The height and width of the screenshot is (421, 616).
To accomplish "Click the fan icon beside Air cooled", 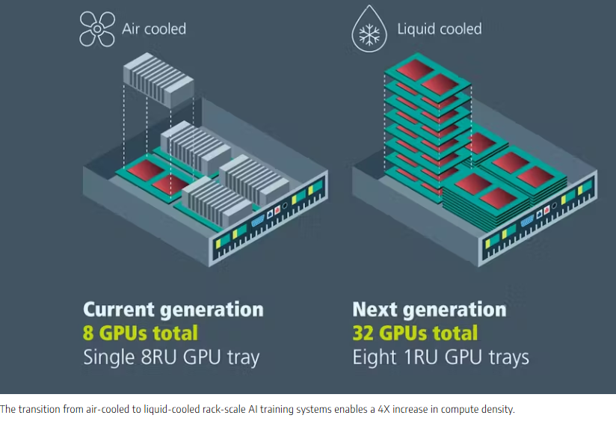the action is pyautogui.click(x=97, y=29).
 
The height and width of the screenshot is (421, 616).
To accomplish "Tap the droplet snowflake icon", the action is pyautogui.click(x=369, y=29).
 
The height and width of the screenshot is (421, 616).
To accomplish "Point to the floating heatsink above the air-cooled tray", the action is pyautogui.click(x=158, y=80).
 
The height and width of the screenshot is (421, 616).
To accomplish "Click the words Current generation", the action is pyautogui.click(x=173, y=310).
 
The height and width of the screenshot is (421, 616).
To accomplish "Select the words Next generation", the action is pyautogui.click(x=429, y=310).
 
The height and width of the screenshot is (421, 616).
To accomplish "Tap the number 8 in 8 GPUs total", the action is pyautogui.click(x=88, y=333).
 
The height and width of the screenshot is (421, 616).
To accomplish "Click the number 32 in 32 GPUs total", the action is pyautogui.click(x=363, y=333).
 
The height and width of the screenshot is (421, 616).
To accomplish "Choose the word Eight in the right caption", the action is pyautogui.click(x=375, y=357).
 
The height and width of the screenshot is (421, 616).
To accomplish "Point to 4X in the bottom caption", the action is pyautogui.click(x=383, y=409).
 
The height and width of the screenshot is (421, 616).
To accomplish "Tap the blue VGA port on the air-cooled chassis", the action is pyautogui.click(x=258, y=221).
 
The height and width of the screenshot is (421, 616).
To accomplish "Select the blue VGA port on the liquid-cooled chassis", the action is pyautogui.click(x=527, y=221).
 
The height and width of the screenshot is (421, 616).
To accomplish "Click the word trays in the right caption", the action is pyautogui.click(x=509, y=358).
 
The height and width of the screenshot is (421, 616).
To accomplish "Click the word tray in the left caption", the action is pyautogui.click(x=243, y=358).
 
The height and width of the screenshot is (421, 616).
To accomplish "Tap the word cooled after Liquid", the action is pyautogui.click(x=461, y=29).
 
